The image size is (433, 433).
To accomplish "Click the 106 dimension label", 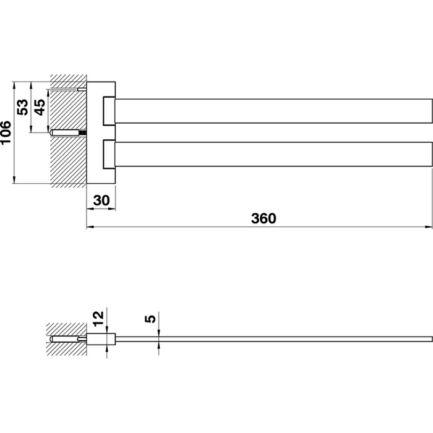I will pos(7,132).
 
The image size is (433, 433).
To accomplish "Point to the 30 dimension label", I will pos(101,200).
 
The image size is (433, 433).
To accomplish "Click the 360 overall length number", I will pos(263,218).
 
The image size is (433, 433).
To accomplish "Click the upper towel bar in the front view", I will pos(272,110).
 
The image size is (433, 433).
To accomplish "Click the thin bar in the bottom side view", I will pos(272,339).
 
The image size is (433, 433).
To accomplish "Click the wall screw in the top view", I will pos(68,132).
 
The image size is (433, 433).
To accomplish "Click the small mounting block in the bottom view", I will pos(101,339).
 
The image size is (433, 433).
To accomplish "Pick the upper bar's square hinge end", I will pos(109,110).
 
